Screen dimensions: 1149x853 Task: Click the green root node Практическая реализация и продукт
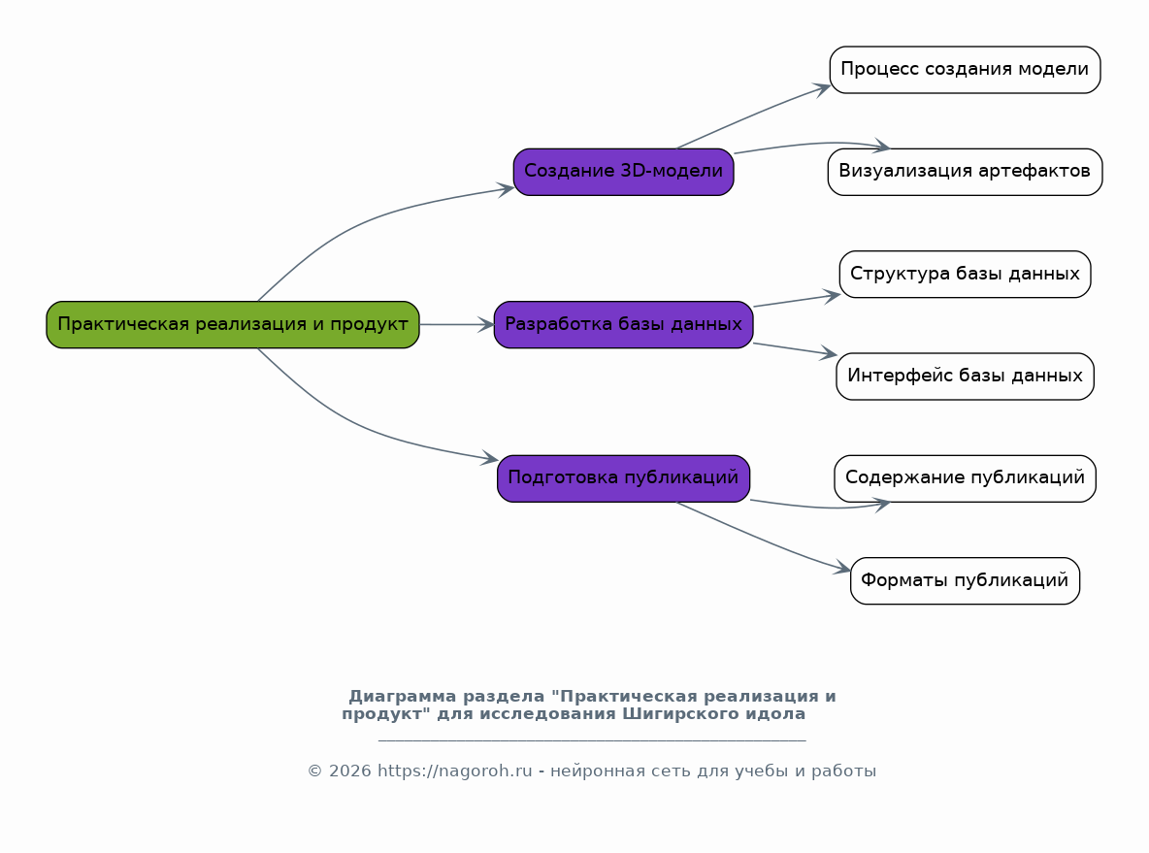pos(233,325)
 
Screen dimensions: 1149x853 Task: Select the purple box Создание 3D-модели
pos(624,172)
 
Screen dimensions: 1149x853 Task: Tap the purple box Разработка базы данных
pos(624,325)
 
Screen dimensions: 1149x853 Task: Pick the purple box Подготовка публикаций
pos(624,478)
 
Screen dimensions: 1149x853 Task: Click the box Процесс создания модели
pos(965,70)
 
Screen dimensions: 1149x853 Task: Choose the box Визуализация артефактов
pos(965,172)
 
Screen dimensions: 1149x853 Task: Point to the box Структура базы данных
pos(965,274)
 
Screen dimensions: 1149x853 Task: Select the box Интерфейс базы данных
pos(965,376)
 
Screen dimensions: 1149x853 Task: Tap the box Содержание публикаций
pos(965,478)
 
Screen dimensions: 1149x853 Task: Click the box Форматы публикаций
pos(965,580)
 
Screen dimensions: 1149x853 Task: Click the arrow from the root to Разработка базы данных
pos(457,325)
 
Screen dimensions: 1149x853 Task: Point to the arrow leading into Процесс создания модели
pos(752,115)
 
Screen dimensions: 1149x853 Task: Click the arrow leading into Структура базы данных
pos(798,301)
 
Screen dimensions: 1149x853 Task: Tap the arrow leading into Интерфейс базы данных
pos(795,349)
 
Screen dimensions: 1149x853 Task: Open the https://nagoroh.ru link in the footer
pos(454,771)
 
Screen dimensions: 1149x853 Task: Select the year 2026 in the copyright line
pos(350,771)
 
